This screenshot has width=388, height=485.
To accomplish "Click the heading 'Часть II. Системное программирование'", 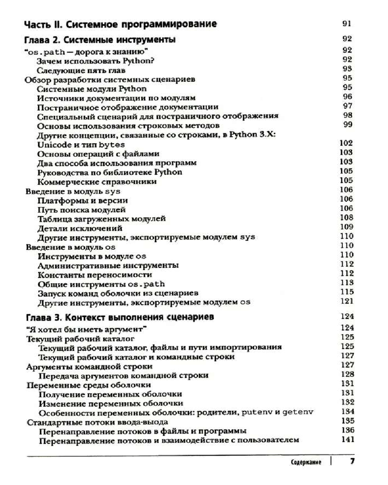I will tap(120, 24).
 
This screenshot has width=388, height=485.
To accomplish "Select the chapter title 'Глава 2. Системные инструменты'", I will tap(100, 39).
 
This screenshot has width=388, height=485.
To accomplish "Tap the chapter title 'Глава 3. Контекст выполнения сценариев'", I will tap(119, 317).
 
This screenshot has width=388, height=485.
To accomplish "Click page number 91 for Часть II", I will tap(346, 24).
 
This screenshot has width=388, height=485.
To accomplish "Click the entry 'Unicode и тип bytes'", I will tap(81, 145).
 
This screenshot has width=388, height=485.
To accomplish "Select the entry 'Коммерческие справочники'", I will tap(97, 182).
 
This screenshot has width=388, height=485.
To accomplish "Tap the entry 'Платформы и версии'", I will tap(82, 200).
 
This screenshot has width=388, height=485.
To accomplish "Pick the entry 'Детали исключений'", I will tap(80, 228).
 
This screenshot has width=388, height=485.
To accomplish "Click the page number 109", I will tap(346, 227).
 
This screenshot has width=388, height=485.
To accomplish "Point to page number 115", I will tap(346, 292).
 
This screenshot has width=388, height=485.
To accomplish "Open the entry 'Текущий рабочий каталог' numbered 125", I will tap(80, 338).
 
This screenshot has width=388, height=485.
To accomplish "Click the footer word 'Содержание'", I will tap(306, 462).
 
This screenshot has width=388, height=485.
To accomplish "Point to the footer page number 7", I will tap(352, 461).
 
